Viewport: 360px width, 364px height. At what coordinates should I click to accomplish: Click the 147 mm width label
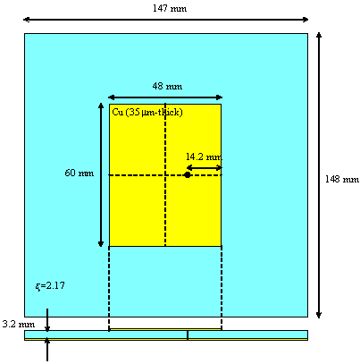(x=170, y=8)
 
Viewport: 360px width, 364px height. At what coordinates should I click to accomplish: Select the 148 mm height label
(x=342, y=179)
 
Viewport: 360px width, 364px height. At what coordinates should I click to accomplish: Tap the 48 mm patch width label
(x=167, y=86)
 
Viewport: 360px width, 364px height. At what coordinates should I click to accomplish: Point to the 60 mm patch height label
(x=80, y=173)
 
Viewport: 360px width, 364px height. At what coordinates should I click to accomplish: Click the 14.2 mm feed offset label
(x=204, y=157)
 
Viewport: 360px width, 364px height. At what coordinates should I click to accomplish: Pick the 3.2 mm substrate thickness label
(x=19, y=324)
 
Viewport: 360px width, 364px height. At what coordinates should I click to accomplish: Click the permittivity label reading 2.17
(x=50, y=286)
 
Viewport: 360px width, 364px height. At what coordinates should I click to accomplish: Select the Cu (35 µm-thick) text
(x=147, y=113)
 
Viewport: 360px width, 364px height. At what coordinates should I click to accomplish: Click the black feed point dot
(x=188, y=175)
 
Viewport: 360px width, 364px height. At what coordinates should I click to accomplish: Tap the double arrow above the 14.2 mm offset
(x=205, y=168)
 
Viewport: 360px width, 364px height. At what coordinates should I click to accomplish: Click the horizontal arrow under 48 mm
(x=165, y=97)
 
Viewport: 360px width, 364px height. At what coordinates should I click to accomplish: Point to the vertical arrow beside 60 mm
(x=101, y=175)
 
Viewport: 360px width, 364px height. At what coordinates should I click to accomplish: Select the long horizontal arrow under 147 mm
(x=165, y=20)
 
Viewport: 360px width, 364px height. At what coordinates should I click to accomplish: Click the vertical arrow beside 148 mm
(x=319, y=175)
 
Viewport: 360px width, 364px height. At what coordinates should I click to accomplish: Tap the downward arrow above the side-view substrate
(x=47, y=320)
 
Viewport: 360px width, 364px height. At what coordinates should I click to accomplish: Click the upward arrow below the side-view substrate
(x=47, y=350)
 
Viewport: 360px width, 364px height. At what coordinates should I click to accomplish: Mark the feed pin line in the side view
(x=188, y=335)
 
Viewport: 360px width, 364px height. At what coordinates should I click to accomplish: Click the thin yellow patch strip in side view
(x=165, y=329)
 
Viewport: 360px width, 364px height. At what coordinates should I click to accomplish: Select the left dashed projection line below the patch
(x=109, y=288)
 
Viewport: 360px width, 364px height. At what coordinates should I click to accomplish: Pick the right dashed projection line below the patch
(x=222, y=288)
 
